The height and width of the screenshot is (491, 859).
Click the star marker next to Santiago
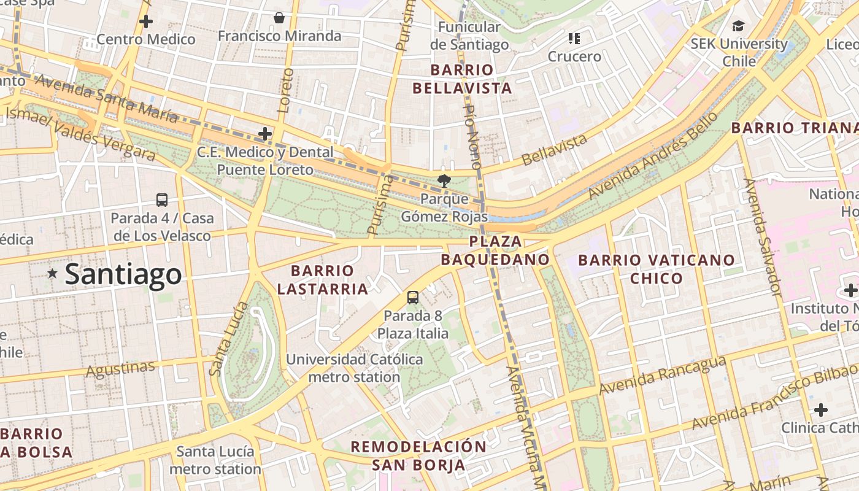(53, 274)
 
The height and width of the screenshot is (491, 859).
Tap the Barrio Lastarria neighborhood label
(322, 279)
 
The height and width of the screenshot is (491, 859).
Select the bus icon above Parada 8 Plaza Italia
(413, 298)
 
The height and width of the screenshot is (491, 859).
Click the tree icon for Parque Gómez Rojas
(443, 180)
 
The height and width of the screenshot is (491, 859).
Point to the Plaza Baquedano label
(495, 250)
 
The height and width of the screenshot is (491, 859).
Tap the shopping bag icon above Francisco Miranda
(279, 18)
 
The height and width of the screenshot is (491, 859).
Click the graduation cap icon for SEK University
(738, 26)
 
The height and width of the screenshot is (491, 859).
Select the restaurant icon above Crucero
(574, 39)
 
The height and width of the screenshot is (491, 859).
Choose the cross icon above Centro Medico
(146, 21)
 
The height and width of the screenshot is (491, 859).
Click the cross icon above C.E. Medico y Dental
(265, 133)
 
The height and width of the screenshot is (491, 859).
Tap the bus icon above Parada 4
(162, 199)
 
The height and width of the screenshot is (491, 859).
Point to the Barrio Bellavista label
(462, 79)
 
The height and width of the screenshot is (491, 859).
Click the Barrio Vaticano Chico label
(656, 269)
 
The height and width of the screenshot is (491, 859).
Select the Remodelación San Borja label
(418, 455)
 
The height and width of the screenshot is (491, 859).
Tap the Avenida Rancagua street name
(662, 376)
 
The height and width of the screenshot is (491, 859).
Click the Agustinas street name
(121, 369)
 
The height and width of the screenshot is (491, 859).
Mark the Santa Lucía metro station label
(215, 460)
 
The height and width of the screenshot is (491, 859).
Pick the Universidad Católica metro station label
(355, 368)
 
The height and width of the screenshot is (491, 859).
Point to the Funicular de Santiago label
(469, 36)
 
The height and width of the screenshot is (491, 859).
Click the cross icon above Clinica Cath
(821, 409)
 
